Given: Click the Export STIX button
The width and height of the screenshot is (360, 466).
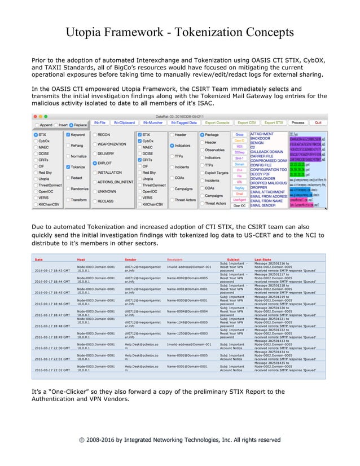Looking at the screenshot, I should pyautogui.click(x=274, y=122).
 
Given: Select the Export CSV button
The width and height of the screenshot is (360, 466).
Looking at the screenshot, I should pyautogui.click(x=247, y=122).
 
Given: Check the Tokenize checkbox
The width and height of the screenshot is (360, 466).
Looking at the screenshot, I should pyautogui.click(x=68, y=167).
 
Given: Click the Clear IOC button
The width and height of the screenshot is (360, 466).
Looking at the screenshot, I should pyautogui.click(x=239, y=206).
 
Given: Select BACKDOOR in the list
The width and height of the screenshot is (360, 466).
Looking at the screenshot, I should pyautogui.click(x=261, y=138).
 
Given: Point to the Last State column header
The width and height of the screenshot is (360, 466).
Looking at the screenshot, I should pyautogui.click(x=263, y=260).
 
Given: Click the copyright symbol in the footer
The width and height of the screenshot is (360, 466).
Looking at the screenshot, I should pyautogui.click(x=83, y=439).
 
